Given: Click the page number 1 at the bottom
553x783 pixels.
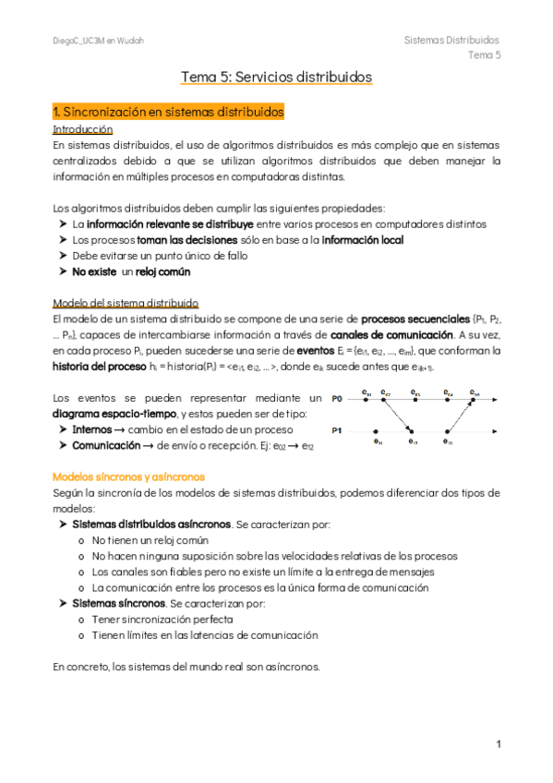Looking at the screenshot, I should (x=498, y=743).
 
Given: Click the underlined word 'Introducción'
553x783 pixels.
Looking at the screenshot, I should (x=83, y=129).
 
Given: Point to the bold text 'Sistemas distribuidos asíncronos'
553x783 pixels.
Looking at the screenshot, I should (x=151, y=524).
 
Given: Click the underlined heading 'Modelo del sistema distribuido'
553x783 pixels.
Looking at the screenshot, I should (x=126, y=304).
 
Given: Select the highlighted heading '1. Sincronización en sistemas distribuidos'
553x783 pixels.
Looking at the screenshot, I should (x=168, y=112).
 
